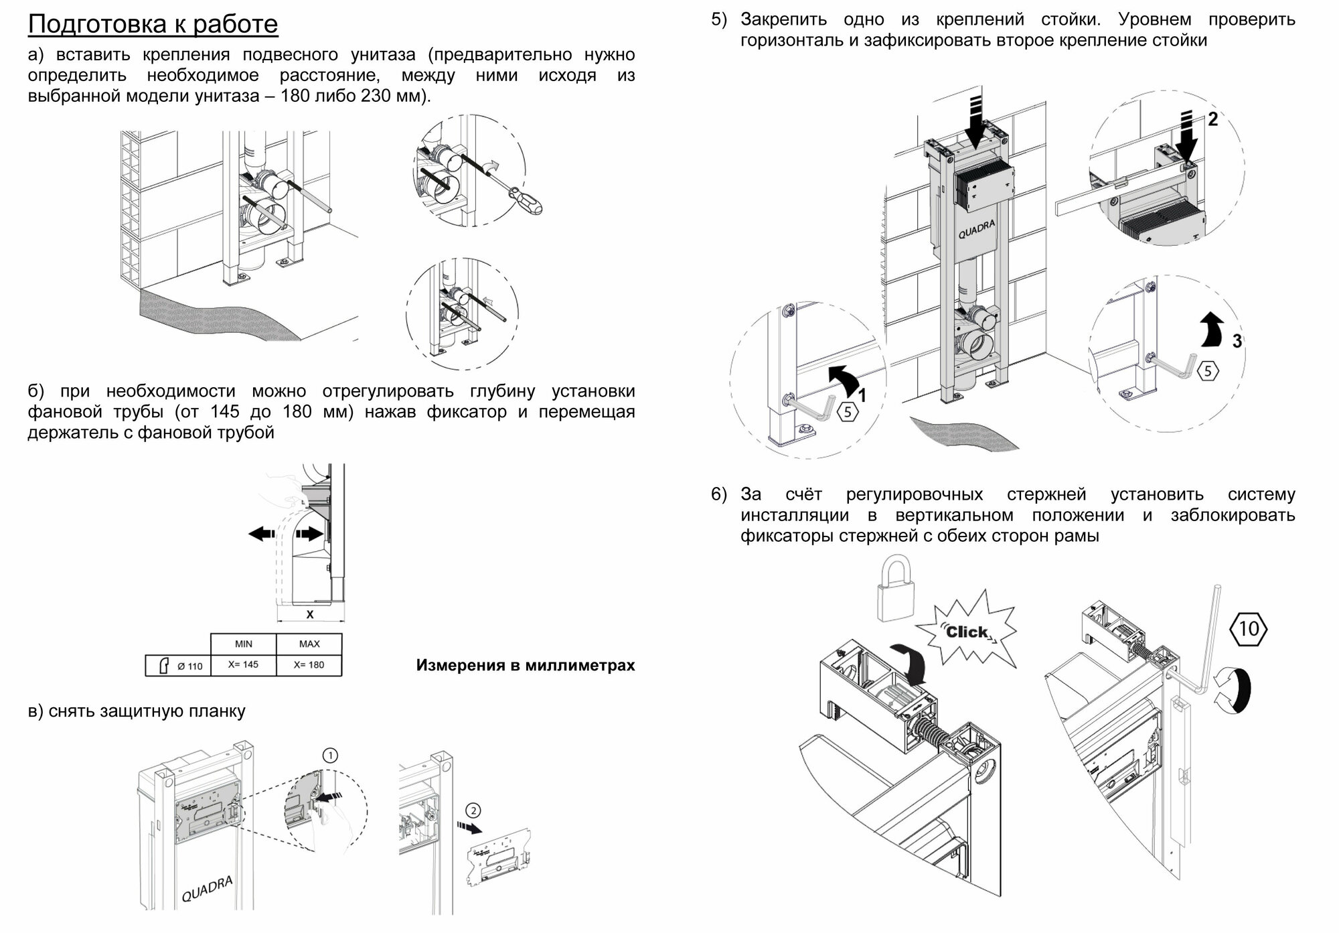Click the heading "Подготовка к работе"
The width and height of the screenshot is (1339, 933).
coord(153,24)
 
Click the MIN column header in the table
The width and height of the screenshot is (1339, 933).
coord(243,644)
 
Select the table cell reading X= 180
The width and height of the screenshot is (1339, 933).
coord(309,665)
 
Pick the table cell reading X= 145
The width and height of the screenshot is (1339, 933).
coord(243,665)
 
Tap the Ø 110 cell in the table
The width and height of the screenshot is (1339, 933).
coord(178,666)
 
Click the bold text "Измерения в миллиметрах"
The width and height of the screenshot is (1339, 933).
coord(525,665)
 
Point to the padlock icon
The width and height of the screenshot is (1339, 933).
coord(894,590)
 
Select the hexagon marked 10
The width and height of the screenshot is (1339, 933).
coord(1249,629)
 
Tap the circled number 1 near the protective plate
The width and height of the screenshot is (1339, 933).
coord(330,756)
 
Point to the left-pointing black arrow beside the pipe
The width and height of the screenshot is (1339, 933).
coord(261,534)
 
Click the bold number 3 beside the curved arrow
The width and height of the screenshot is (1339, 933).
coord(1237,341)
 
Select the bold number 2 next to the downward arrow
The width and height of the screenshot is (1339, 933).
coord(1212,120)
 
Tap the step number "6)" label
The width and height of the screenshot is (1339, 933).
coord(718,494)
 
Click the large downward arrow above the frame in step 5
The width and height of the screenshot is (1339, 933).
coord(975,121)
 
